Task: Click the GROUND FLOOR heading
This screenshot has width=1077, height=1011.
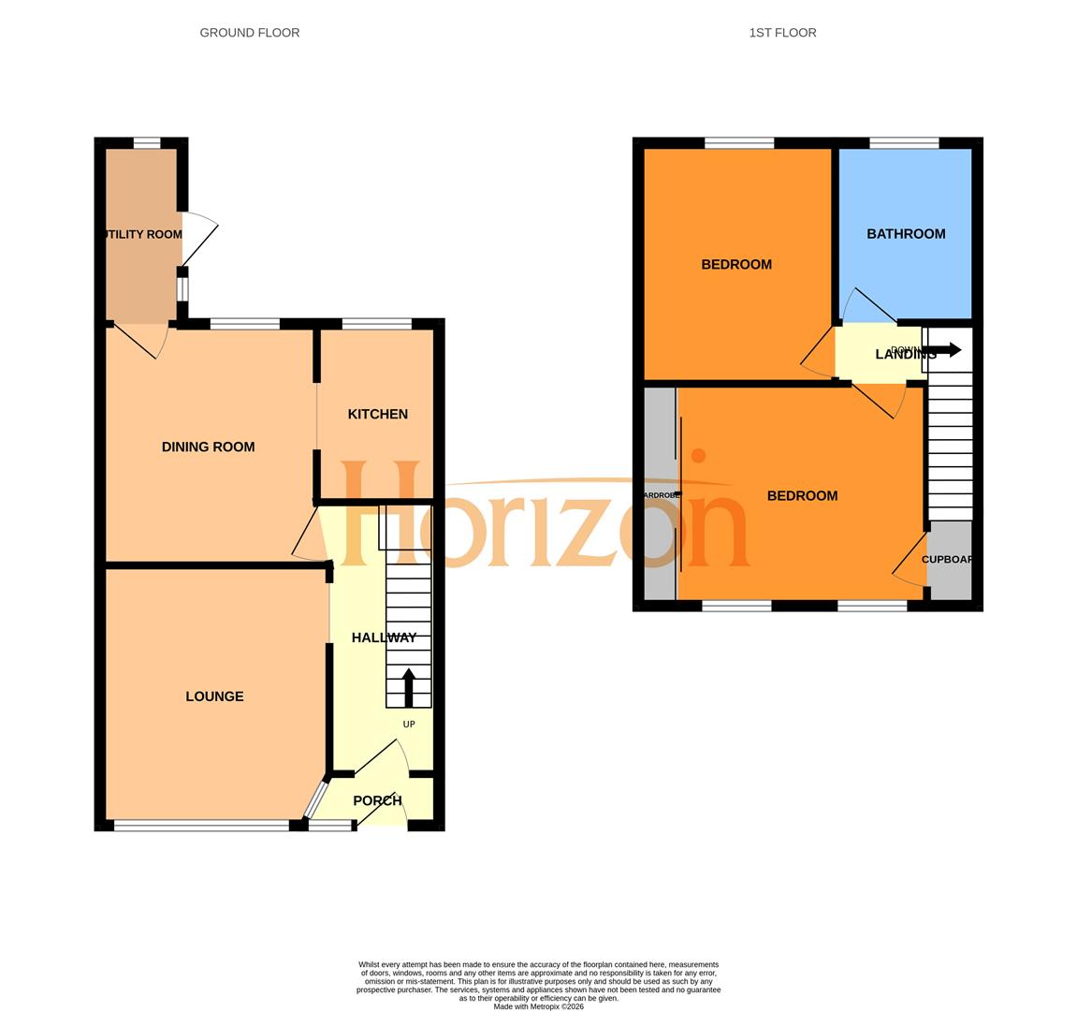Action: point(250,33)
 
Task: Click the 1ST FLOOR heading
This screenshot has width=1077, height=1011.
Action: point(782,33)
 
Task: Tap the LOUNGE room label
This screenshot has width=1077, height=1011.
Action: point(214,696)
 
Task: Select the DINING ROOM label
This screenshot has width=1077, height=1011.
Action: point(208,447)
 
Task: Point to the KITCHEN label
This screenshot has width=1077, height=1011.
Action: point(377,414)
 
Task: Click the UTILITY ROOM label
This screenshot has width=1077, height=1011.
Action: point(142,234)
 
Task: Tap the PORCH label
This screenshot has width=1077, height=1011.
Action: point(377,800)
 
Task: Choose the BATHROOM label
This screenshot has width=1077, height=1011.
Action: point(905,234)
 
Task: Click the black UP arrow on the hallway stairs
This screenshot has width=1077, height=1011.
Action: point(409,687)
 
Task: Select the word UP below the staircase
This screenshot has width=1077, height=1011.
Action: point(409,725)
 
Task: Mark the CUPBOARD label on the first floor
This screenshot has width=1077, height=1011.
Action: point(948,560)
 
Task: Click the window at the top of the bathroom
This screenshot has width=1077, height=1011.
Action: point(904,143)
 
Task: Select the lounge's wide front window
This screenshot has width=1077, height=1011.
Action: point(201,826)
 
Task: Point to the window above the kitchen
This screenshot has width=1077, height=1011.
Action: point(376,325)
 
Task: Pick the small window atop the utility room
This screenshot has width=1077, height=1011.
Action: point(147,143)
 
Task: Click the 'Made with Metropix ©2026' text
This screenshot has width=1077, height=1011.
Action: point(538,1006)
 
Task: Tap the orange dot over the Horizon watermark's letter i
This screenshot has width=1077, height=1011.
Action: point(698,456)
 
